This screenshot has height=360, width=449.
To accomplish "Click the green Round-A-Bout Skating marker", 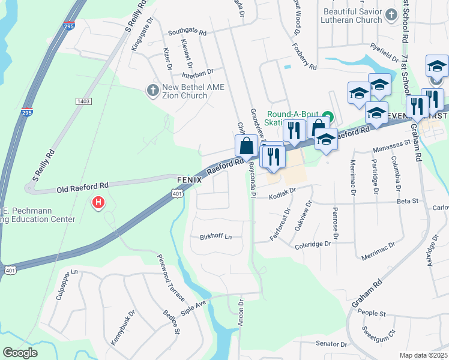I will click(x=327, y=116).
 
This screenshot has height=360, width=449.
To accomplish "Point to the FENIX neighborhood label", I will click(x=188, y=180).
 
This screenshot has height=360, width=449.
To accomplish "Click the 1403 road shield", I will click(x=83, y=101).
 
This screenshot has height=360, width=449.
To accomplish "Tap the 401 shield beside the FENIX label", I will click(x=176, y=194).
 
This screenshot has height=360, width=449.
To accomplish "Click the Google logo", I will click(x=20, y=353).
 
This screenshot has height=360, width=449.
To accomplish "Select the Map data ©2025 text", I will click(x=423, y=355).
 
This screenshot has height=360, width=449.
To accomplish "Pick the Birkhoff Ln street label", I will click(x=215, y=236).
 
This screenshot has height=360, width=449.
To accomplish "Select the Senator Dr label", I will click(x=332, y=344).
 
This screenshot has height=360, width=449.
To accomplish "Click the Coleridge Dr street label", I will click(x=313, y=244).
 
